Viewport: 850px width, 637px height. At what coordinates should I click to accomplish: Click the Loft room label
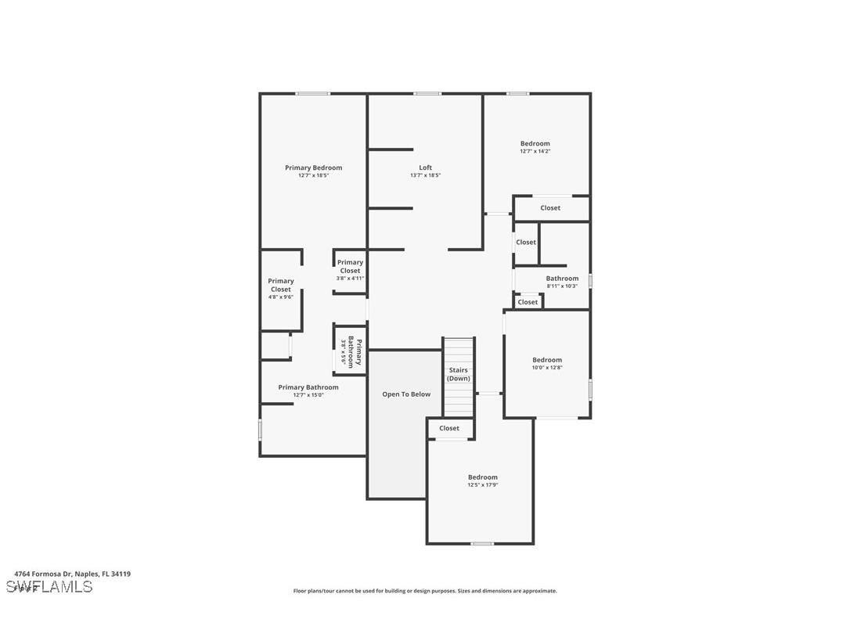click(x=425, y=167)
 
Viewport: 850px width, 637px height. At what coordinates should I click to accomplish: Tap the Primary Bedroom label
click(x=313, y=167)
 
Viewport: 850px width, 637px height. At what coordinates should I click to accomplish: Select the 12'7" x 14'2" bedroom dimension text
click(x=535, y=151)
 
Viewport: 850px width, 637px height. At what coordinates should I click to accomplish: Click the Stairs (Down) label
click(x=459, y=374)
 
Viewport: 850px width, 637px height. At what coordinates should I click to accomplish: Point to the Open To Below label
click(x=406, y=394)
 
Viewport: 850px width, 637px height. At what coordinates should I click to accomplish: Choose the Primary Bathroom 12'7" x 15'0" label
click(x=308, y=387)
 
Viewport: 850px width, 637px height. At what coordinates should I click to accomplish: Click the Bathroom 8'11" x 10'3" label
click(x=562, y=279)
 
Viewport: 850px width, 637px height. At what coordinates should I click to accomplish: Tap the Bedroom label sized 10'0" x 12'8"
click(x=547, y=360)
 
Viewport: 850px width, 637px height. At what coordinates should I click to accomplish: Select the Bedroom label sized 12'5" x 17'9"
click(x=482, y=477)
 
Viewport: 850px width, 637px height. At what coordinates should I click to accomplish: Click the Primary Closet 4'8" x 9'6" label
click(x=281, y=285)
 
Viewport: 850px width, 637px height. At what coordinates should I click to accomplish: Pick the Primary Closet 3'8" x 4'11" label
click(x=350, y=267)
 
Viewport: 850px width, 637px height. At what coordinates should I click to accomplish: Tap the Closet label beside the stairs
click(x=449, y=428)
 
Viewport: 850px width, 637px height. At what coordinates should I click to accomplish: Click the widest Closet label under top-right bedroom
click(x=550, y=208)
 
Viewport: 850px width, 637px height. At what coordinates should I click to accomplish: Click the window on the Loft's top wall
click(x=427, y=94)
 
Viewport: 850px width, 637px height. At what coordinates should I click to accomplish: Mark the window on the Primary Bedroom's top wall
click(x=313, y=94)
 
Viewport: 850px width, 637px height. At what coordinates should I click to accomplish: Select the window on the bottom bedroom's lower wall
click(x=482, y=543)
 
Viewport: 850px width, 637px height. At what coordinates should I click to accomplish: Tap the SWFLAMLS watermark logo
click(x=49, y=587)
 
